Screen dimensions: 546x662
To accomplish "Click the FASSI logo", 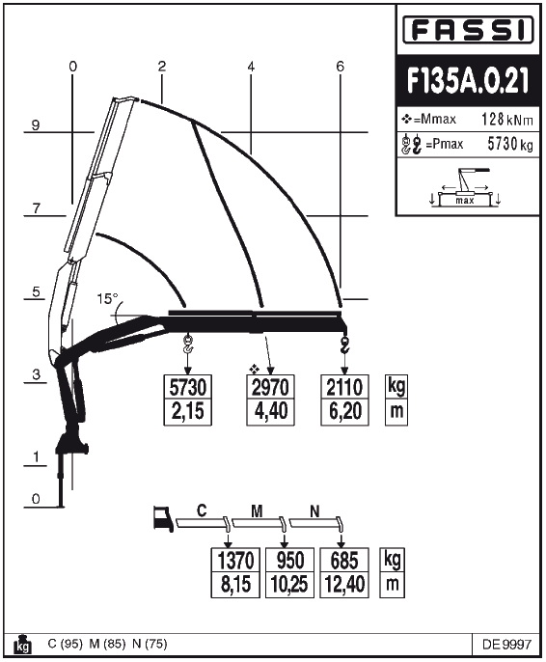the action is point(468,30).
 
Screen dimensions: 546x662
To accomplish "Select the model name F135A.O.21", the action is point(468,80).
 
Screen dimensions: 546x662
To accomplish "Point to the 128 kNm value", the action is point(507,120).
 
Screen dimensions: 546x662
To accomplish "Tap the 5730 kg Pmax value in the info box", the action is point(510,144).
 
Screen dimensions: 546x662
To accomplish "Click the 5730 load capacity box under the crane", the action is point(188,387).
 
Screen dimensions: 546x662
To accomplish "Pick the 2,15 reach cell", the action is point(188,412).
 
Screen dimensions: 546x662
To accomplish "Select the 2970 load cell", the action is point(270,387).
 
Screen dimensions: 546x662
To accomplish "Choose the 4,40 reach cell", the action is point(270,412).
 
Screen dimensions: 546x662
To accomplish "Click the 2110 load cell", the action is point(344,387).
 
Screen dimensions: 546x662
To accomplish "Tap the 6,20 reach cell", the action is point(344,412).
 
